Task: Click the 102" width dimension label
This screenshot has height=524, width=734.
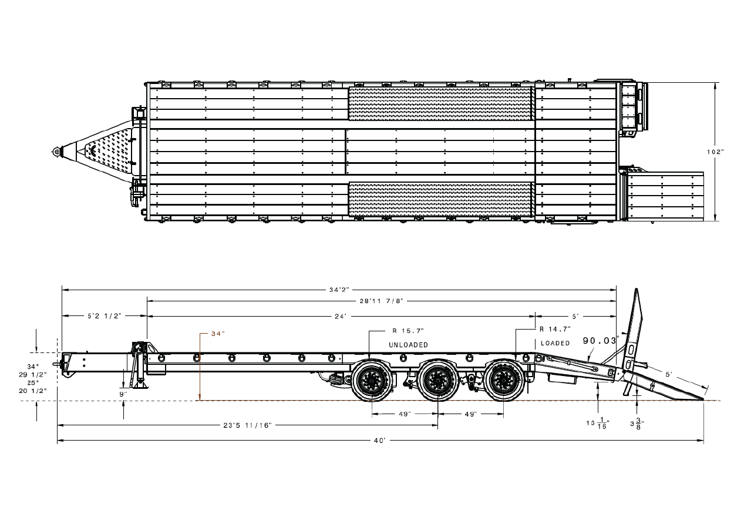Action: [715, 152]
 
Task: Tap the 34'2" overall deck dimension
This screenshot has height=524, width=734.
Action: [339, 290]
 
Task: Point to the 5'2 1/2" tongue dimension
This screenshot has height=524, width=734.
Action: [104, 316]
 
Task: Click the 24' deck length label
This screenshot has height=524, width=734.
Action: [341, 317]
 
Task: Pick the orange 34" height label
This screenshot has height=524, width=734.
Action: [218, 334]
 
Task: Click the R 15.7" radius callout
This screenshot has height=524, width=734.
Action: [408, 331]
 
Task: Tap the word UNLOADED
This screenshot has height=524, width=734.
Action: [408, 345]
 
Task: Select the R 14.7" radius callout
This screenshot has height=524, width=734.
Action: [555, 328]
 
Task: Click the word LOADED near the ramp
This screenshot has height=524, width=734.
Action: [555, 343]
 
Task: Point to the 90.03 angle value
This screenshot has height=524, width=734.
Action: [600, 341]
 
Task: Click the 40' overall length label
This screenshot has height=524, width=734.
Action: [380, 441]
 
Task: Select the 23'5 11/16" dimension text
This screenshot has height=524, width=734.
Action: [247, 425]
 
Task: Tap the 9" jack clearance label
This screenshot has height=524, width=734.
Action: [123, 394]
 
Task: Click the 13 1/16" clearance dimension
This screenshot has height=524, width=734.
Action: [598, 424]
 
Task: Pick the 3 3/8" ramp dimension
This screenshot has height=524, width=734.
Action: [637, 424]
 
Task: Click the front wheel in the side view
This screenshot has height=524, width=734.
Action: [372, 381]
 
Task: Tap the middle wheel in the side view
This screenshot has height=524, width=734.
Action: [438, 381]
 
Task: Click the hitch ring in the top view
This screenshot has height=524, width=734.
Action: [57, 152]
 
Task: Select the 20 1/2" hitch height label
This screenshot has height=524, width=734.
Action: [33, 391]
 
